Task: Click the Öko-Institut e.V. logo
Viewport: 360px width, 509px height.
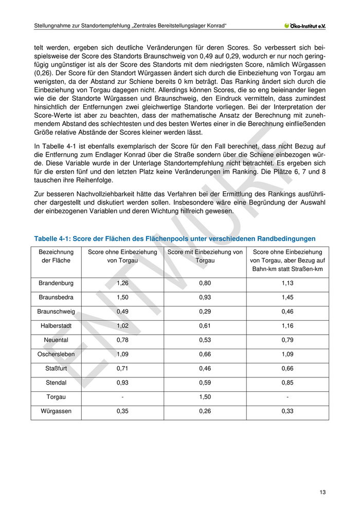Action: coord(308,26)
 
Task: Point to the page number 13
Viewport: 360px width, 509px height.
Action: coord(322,492)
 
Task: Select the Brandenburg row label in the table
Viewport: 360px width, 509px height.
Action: coord(56,283)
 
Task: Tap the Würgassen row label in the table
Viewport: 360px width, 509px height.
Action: coord(56,411)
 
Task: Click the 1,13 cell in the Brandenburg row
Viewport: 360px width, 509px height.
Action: coord(287,283)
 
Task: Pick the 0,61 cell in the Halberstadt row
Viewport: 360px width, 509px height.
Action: coord(205,325)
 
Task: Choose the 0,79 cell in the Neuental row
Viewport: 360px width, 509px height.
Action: coord(287,340)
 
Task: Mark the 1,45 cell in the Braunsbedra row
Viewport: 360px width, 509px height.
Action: coord(287,297)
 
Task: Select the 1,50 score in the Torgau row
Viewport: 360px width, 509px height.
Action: coord(205,397)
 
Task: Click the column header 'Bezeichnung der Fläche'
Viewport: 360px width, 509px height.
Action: coord(56,256)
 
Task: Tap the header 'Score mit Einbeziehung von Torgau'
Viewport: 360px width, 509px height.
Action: coord(205,256)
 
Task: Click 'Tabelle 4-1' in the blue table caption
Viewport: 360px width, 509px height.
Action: coord(51,239)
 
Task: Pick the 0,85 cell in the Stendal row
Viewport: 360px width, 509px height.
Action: coord(287,383)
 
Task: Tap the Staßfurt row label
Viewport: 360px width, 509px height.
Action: coord(56,369)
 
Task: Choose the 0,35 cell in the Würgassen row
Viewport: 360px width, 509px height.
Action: coord(122,411)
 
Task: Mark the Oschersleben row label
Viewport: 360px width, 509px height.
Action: coord(56,354)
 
